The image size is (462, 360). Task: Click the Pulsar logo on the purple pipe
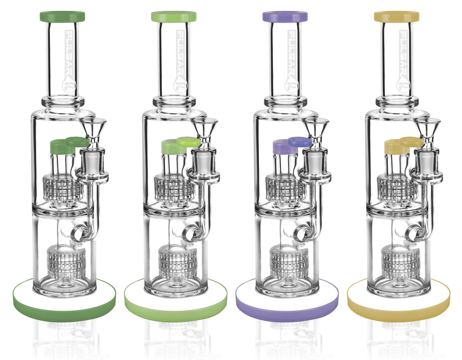point(291,61)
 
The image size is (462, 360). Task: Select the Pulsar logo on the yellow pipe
point(403,61)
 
